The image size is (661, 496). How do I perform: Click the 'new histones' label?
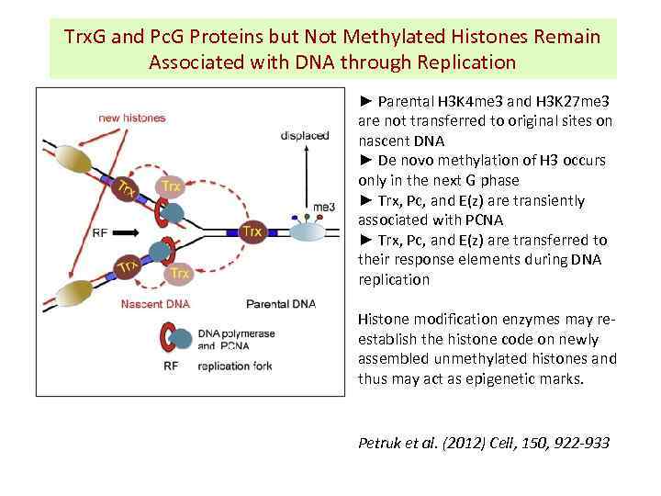[132, 118]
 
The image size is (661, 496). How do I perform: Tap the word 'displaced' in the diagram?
[305, 135]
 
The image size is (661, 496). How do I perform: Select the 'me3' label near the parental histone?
[323, 208]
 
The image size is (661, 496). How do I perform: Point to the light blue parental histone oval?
[307, 231]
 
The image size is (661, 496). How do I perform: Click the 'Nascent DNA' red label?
[153, 304]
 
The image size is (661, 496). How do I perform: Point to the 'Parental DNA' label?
[280, 304]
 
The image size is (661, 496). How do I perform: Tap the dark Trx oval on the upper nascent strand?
[124, 191]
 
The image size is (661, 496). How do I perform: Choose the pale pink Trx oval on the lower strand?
[180, 274]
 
